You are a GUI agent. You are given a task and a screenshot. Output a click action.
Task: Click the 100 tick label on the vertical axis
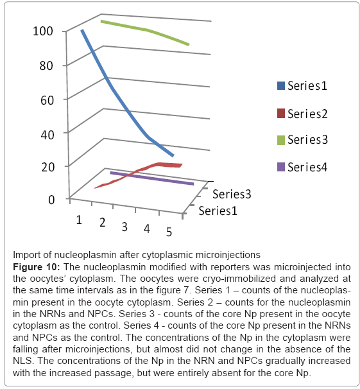[x=43, y=31]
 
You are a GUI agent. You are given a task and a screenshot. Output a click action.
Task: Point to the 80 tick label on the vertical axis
[x=46, y=65]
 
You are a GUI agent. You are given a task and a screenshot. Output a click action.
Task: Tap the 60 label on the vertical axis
[x=47, y=101]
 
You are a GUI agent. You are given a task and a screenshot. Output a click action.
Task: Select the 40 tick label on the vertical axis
[x=47, y=135]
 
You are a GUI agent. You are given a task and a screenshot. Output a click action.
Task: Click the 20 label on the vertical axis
[x=47, y=167]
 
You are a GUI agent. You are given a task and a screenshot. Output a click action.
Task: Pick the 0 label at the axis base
[x=51, y=200]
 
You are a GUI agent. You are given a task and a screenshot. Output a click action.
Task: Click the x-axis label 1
[x=79, y=220]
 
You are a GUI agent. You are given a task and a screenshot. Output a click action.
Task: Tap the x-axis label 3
[x=124, y=227]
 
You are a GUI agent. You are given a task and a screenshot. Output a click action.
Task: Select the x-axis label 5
[x=169, y=232]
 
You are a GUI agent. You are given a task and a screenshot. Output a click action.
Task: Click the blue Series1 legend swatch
[x=281, y=86]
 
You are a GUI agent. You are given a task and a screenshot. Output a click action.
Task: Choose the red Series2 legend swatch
[x=281, y=114]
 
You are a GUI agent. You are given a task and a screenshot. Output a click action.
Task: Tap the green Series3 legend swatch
[x=281, y=140]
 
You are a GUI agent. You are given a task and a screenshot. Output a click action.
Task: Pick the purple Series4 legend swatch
[x=281, y=167]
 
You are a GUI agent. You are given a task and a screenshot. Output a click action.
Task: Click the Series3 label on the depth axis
[x=232, y=194]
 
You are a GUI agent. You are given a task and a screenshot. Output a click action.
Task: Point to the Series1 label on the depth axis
[x=218, y=211]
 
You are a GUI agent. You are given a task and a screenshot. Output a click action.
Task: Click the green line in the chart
[x=147, y=30]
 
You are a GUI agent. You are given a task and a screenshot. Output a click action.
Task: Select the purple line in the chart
[x=151, y=178]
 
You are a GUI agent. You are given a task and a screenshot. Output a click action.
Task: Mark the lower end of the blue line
[x=173, y=156]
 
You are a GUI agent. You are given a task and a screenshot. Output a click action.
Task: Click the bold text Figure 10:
[x=37, y=267]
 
